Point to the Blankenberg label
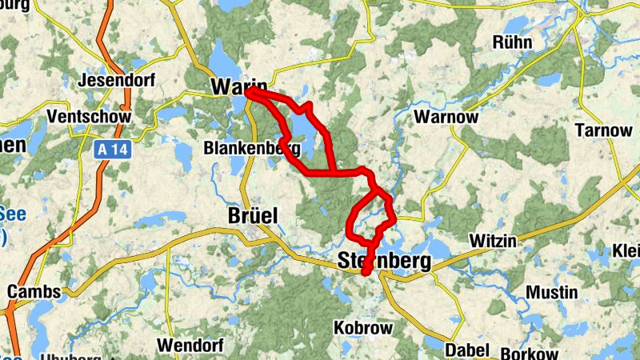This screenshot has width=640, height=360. [x=252, y=148]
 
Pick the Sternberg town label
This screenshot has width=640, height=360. [x=384, y=261]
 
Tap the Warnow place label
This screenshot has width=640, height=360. [x=447, y=118]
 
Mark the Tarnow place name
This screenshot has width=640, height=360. [x=604, y=130]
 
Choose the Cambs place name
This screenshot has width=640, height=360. [x=34, y=291]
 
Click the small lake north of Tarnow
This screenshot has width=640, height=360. [x=549, y=80]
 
